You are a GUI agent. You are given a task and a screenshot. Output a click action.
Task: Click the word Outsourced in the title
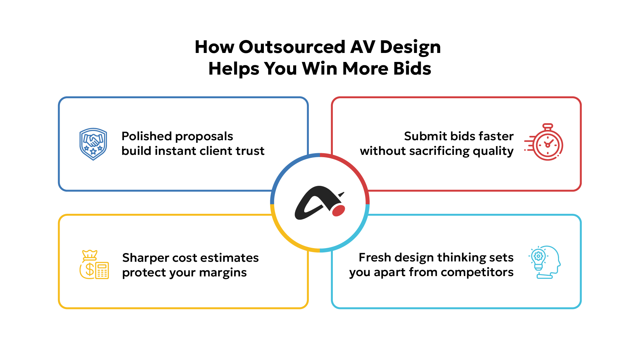point(292,47)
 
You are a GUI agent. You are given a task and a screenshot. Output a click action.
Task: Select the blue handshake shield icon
point(93,144)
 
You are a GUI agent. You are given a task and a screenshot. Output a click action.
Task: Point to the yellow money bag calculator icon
point(94,265)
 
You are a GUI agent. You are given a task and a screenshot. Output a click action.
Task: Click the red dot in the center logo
point(338,211)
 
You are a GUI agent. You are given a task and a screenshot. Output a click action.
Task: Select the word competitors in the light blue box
point(477,272)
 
